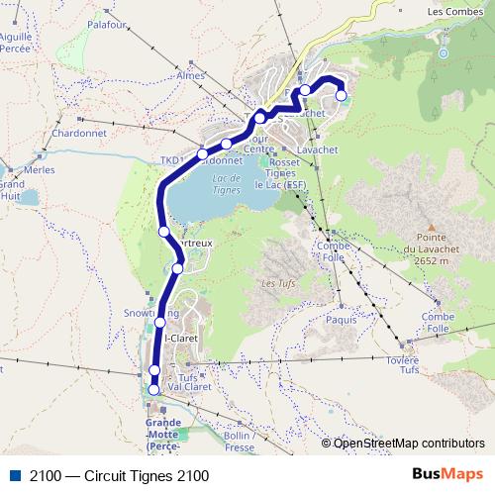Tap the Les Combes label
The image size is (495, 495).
457,12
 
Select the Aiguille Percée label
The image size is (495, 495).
18,41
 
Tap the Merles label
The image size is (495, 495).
40,169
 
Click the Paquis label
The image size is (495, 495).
340,320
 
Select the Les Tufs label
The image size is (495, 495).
273,284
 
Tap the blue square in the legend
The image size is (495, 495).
17,475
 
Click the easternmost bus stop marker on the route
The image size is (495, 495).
342,96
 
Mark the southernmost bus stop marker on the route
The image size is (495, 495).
153,389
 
